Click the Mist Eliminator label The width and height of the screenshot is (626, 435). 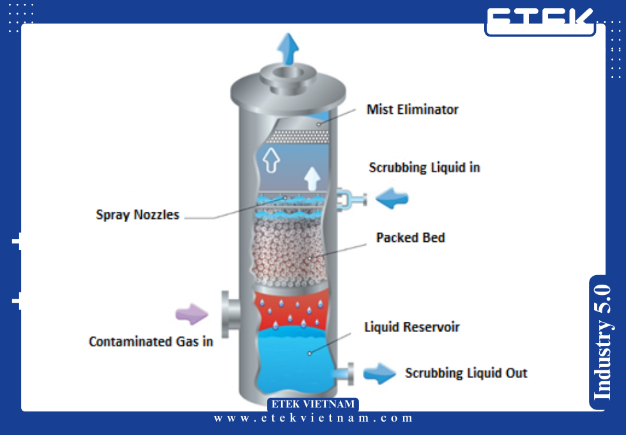412,109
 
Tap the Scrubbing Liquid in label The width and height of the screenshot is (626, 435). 424,168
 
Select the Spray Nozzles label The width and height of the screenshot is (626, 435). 137,215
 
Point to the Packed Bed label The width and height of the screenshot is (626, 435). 410,238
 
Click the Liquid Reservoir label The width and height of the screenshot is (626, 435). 412,328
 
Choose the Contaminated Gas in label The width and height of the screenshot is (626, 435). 151,342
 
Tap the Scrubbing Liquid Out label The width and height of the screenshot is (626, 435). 466,373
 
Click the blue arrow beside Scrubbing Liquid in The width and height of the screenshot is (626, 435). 392,199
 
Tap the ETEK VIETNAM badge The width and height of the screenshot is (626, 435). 312,404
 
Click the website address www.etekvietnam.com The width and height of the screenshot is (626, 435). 313,418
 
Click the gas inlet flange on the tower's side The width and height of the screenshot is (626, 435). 229,313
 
